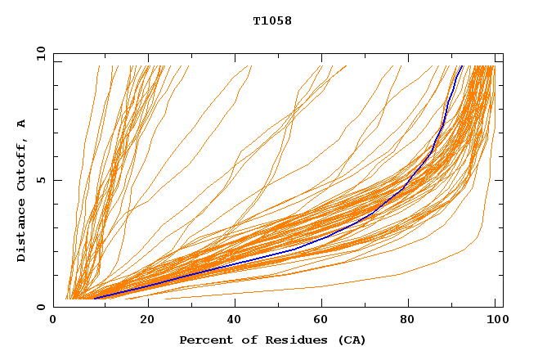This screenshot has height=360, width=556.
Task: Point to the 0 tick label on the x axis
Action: click(53, 321)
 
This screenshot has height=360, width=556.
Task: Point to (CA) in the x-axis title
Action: click(350, 340)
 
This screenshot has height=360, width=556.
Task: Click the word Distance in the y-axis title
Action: click(22, 232)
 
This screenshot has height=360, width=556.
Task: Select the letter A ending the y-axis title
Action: click(22, 124)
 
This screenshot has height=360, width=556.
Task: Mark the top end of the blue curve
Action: click(462, 66)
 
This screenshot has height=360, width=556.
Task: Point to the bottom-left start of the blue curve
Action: click(95, 298)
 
